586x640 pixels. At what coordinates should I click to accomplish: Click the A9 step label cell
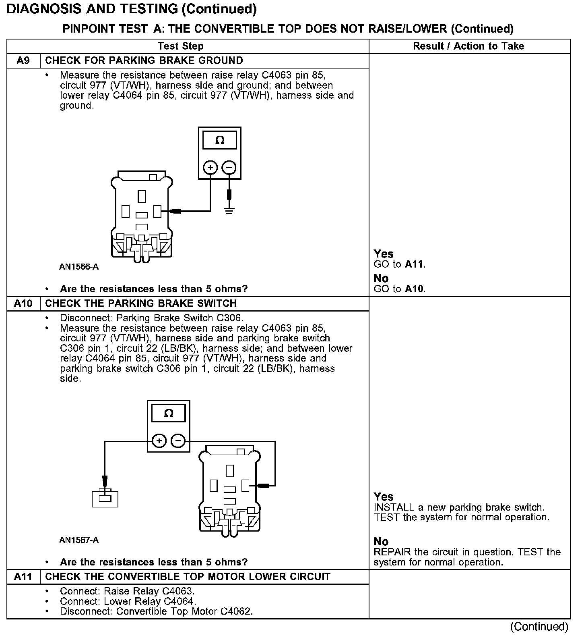pyautogui.click(x=23, y=61)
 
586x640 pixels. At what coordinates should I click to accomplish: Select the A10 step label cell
pyautogui.click(x=23, y=303)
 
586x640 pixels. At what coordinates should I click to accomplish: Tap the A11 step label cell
pyautogui.click(x=23, y=577)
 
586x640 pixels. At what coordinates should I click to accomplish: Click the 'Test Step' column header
pyautogui.click(x=181, y=46)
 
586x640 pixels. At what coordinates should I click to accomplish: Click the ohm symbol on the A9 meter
pyautogui.click(x=220, y=140)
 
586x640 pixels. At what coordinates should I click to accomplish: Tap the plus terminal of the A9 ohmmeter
pyautogui.click(x=210, y=167)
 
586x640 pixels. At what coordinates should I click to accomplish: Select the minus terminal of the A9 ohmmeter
pyautogui.click(x=229, y=167)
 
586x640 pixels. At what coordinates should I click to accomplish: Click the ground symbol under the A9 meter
pyautogui.click(x=229, y=210)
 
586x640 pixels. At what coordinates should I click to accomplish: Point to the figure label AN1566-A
pyautogui.click(x=79, y=267)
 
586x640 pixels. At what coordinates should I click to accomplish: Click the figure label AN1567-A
pyautogui.click(x=79, y=540)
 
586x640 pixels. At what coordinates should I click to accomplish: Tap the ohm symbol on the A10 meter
pyautogui.click(x=169, y=414)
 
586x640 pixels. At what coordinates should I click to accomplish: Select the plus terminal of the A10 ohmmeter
pyautogui.click(x=159, y=441)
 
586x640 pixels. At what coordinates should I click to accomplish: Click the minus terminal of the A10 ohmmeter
pyautogui.click(x=178, y=441)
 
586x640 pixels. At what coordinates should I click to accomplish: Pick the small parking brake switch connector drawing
pyautogui.click(x=105, y=498)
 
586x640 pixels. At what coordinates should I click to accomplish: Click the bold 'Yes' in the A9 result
pyautogui.click(x=383, y=254)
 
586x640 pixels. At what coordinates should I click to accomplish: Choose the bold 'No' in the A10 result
pyautogui.click(x=381, y=542)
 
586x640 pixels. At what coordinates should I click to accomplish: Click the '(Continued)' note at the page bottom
pyautogui.click(x=539, y=626)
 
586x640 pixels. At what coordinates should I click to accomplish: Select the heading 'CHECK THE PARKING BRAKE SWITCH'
pyautogui.click(x=141, y=303)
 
